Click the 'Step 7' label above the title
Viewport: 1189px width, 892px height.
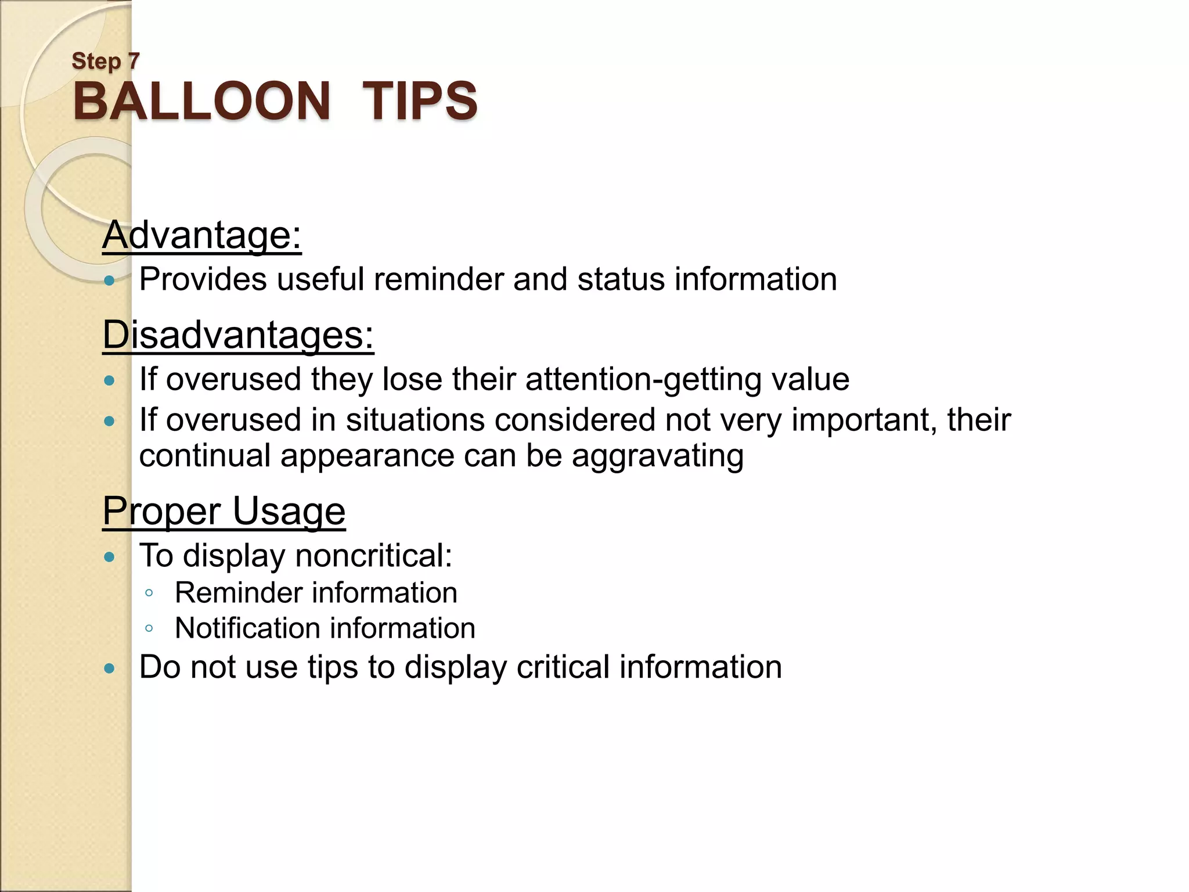click(106, 61)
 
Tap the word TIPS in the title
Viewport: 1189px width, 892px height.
click(420, 101)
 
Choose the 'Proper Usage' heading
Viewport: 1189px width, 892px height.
click(224, 511)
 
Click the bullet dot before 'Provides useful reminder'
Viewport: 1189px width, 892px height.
click(109, 281)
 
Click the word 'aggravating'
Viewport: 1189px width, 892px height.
click(658, 456)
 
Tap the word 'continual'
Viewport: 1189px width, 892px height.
click(205, 456)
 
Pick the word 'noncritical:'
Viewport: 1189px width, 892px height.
click(374, 556)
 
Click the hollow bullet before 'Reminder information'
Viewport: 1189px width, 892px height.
click(149, 593)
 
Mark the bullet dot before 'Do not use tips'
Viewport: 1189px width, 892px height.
click(109, 668)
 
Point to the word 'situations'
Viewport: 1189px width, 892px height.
click(415, 420)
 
